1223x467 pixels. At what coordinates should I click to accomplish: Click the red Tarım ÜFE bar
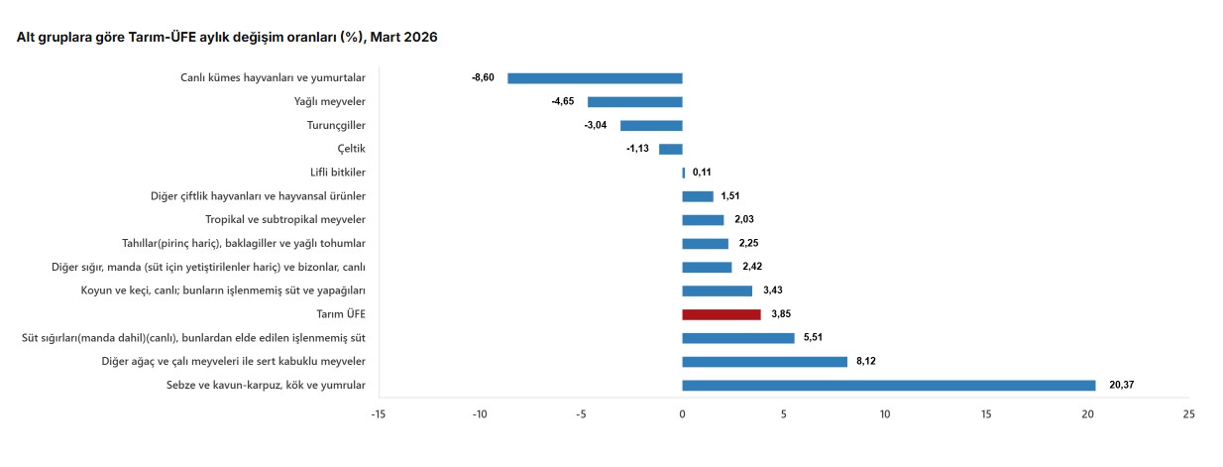[722, 314]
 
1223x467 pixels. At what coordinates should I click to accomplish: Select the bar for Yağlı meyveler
[635, 102]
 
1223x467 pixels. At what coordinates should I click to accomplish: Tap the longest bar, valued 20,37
[889, 386]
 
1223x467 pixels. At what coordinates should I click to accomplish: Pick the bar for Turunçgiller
[651, 126]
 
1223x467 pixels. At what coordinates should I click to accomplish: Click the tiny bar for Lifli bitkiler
[684, 174]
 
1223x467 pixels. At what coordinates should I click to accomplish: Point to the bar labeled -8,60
[595, 78]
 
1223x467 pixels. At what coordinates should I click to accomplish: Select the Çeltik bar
[671, 149]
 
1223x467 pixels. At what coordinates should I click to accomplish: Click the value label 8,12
[866, 361]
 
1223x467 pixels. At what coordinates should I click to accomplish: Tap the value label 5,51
[813, 337]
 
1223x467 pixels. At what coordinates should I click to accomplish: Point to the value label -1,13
[637, 149]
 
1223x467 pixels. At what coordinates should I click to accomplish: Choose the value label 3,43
[773, 291]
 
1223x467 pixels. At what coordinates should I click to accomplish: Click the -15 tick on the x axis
[379, 414]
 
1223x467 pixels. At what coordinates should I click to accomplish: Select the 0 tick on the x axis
[683, 414]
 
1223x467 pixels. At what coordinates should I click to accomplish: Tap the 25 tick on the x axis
[1189, 414]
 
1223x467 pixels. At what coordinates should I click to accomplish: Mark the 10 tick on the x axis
[885, 414]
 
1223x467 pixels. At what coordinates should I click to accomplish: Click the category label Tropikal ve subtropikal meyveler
[285, 219]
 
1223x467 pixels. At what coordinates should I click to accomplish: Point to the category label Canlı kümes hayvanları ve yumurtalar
[273, 78]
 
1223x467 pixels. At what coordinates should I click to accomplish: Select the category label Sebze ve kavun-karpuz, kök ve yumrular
[266, 385]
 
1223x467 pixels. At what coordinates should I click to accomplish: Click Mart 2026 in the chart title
[404, 37]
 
